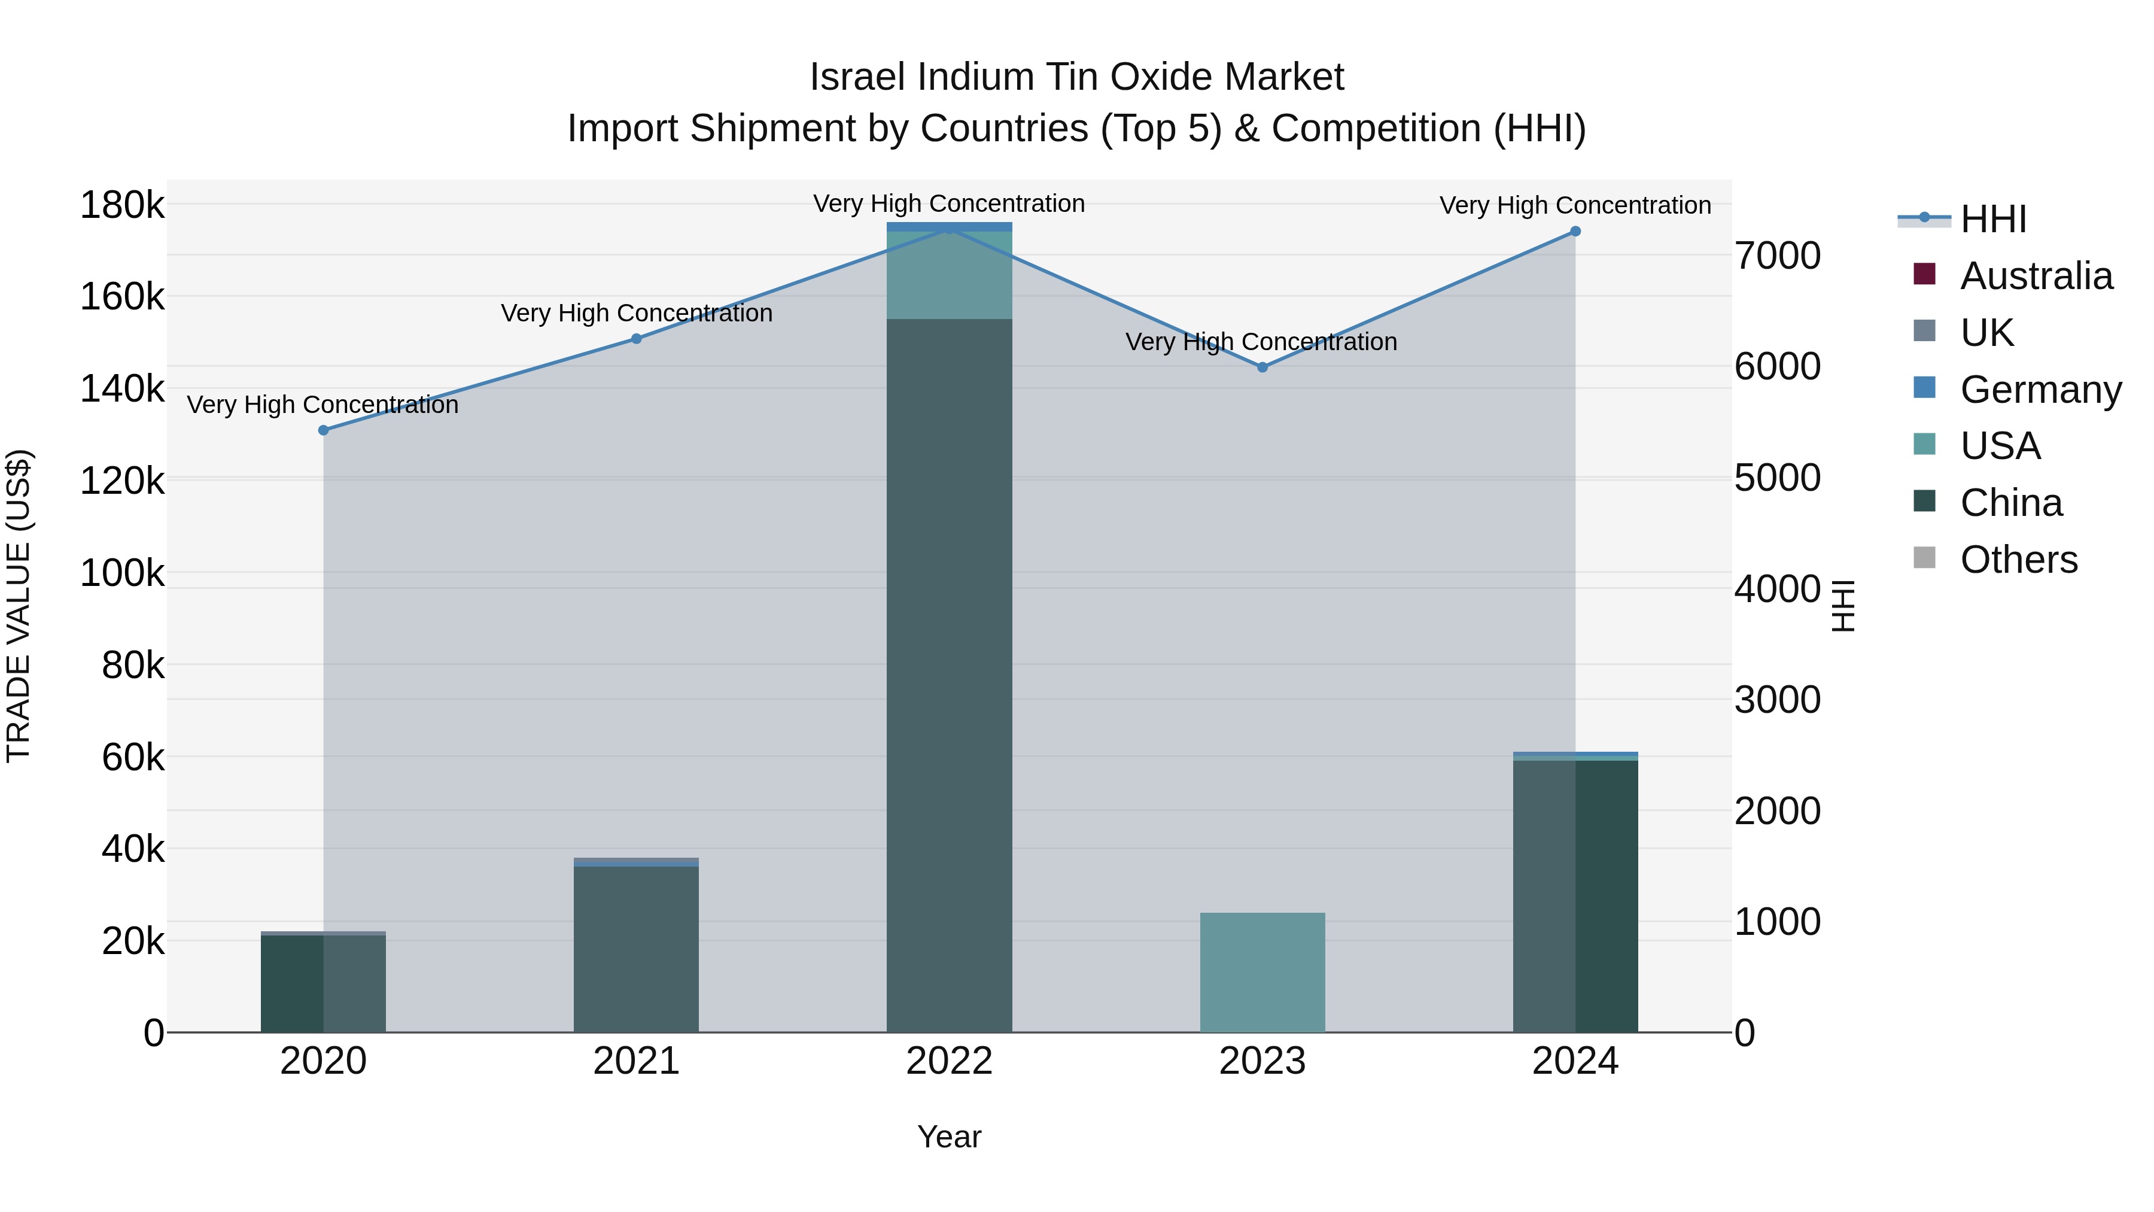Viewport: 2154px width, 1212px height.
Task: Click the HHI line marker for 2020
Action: coord(324,430)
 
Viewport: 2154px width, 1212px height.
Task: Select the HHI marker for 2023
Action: coord(1262,367)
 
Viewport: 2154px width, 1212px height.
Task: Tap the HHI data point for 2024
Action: coord(1575,231)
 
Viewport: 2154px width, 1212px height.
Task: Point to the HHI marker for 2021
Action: coord(637,339)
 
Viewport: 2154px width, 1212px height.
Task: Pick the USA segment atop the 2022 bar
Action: coord(949,274)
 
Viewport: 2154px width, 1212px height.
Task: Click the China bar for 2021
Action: coord(637,949)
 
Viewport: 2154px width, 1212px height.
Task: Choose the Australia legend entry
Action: coord(2036,276)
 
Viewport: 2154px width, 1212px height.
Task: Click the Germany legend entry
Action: coord(2040,390)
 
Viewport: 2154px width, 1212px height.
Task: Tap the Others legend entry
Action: coord(2019,560)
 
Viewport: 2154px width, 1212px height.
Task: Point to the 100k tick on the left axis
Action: coord(122,574)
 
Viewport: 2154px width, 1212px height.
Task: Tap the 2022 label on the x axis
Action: coord(949,1061)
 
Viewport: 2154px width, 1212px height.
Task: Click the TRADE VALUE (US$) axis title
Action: coord(19,606)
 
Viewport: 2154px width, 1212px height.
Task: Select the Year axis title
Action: coord(949,1137)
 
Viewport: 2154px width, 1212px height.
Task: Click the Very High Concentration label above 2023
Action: coord(1261,342)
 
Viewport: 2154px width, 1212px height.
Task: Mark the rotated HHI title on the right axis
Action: coord(1842,606)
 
